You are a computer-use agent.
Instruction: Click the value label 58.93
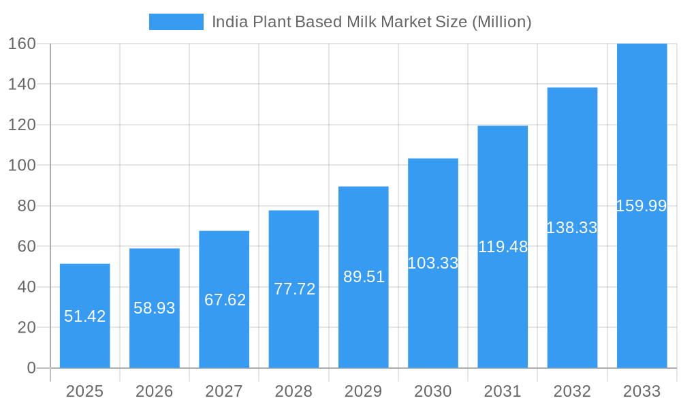pyautogui.click(x=155, y=308)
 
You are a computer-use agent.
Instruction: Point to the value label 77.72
pyautogui.click(x=294, y=289)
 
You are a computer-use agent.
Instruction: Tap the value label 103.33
pyautogui.click(x=433, y=263)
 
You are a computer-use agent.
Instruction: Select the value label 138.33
pyautogui.click(x=572, y=228)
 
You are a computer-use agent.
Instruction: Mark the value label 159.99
pyautogui.click(x=642, y=206)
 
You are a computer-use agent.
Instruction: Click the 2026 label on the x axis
pyautogui.click(x=155, y=391)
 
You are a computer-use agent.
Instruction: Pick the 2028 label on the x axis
pyautogui.click(x=294, y=391)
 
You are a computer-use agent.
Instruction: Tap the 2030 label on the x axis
pyautogui.click(x=433, y=391)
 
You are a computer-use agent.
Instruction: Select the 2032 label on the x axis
pyautogui.click(x=572, y=391)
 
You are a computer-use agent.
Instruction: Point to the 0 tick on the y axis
pyautogui.click(x=31, y=368)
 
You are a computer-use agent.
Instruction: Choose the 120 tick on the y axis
pyautogui.click(x=22, y=125)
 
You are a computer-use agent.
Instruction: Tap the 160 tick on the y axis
pyautogui.click(x=22, y=44)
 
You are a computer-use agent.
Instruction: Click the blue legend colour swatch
pyautogui.click(x=176, y=22)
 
